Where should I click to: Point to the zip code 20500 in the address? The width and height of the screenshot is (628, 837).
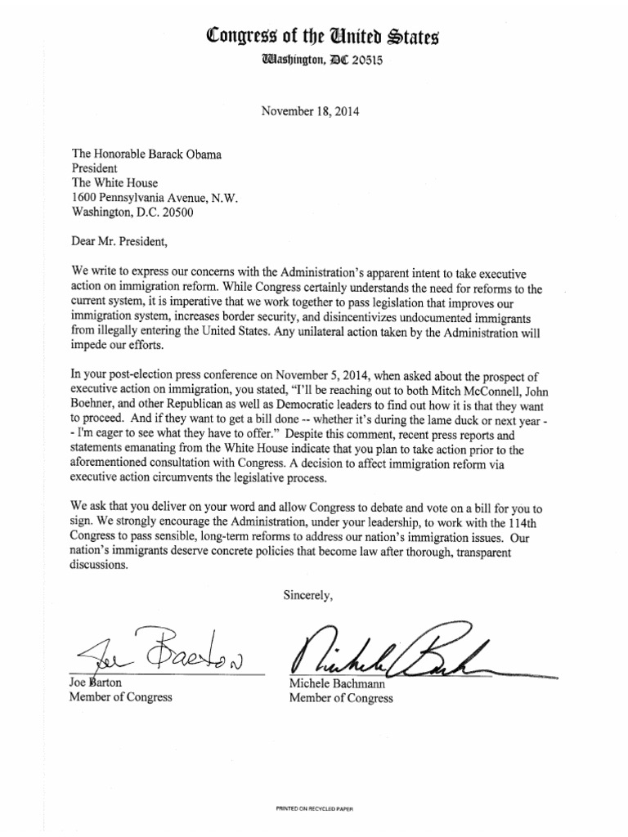[180, 213]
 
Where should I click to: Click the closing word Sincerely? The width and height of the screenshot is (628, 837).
[308, 594]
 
